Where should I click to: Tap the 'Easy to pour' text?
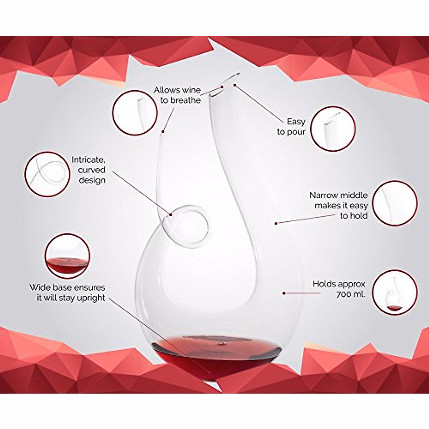point(291,127)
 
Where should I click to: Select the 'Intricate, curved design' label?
point(89,170)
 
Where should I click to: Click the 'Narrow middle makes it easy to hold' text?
point(339,206)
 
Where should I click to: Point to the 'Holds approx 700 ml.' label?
point(339,289)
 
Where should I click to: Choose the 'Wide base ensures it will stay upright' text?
point(67,292)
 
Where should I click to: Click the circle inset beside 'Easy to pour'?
point(333,129)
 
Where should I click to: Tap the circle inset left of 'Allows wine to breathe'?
point(135,113)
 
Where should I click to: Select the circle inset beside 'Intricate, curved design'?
point(46,174)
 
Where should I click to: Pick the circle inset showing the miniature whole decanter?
point(395,292)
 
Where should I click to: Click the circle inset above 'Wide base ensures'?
point(67,256)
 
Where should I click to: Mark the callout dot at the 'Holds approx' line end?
point(284,293)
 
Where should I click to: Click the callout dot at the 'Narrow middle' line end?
point(276,223)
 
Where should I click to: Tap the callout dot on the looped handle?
point(171,215)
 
